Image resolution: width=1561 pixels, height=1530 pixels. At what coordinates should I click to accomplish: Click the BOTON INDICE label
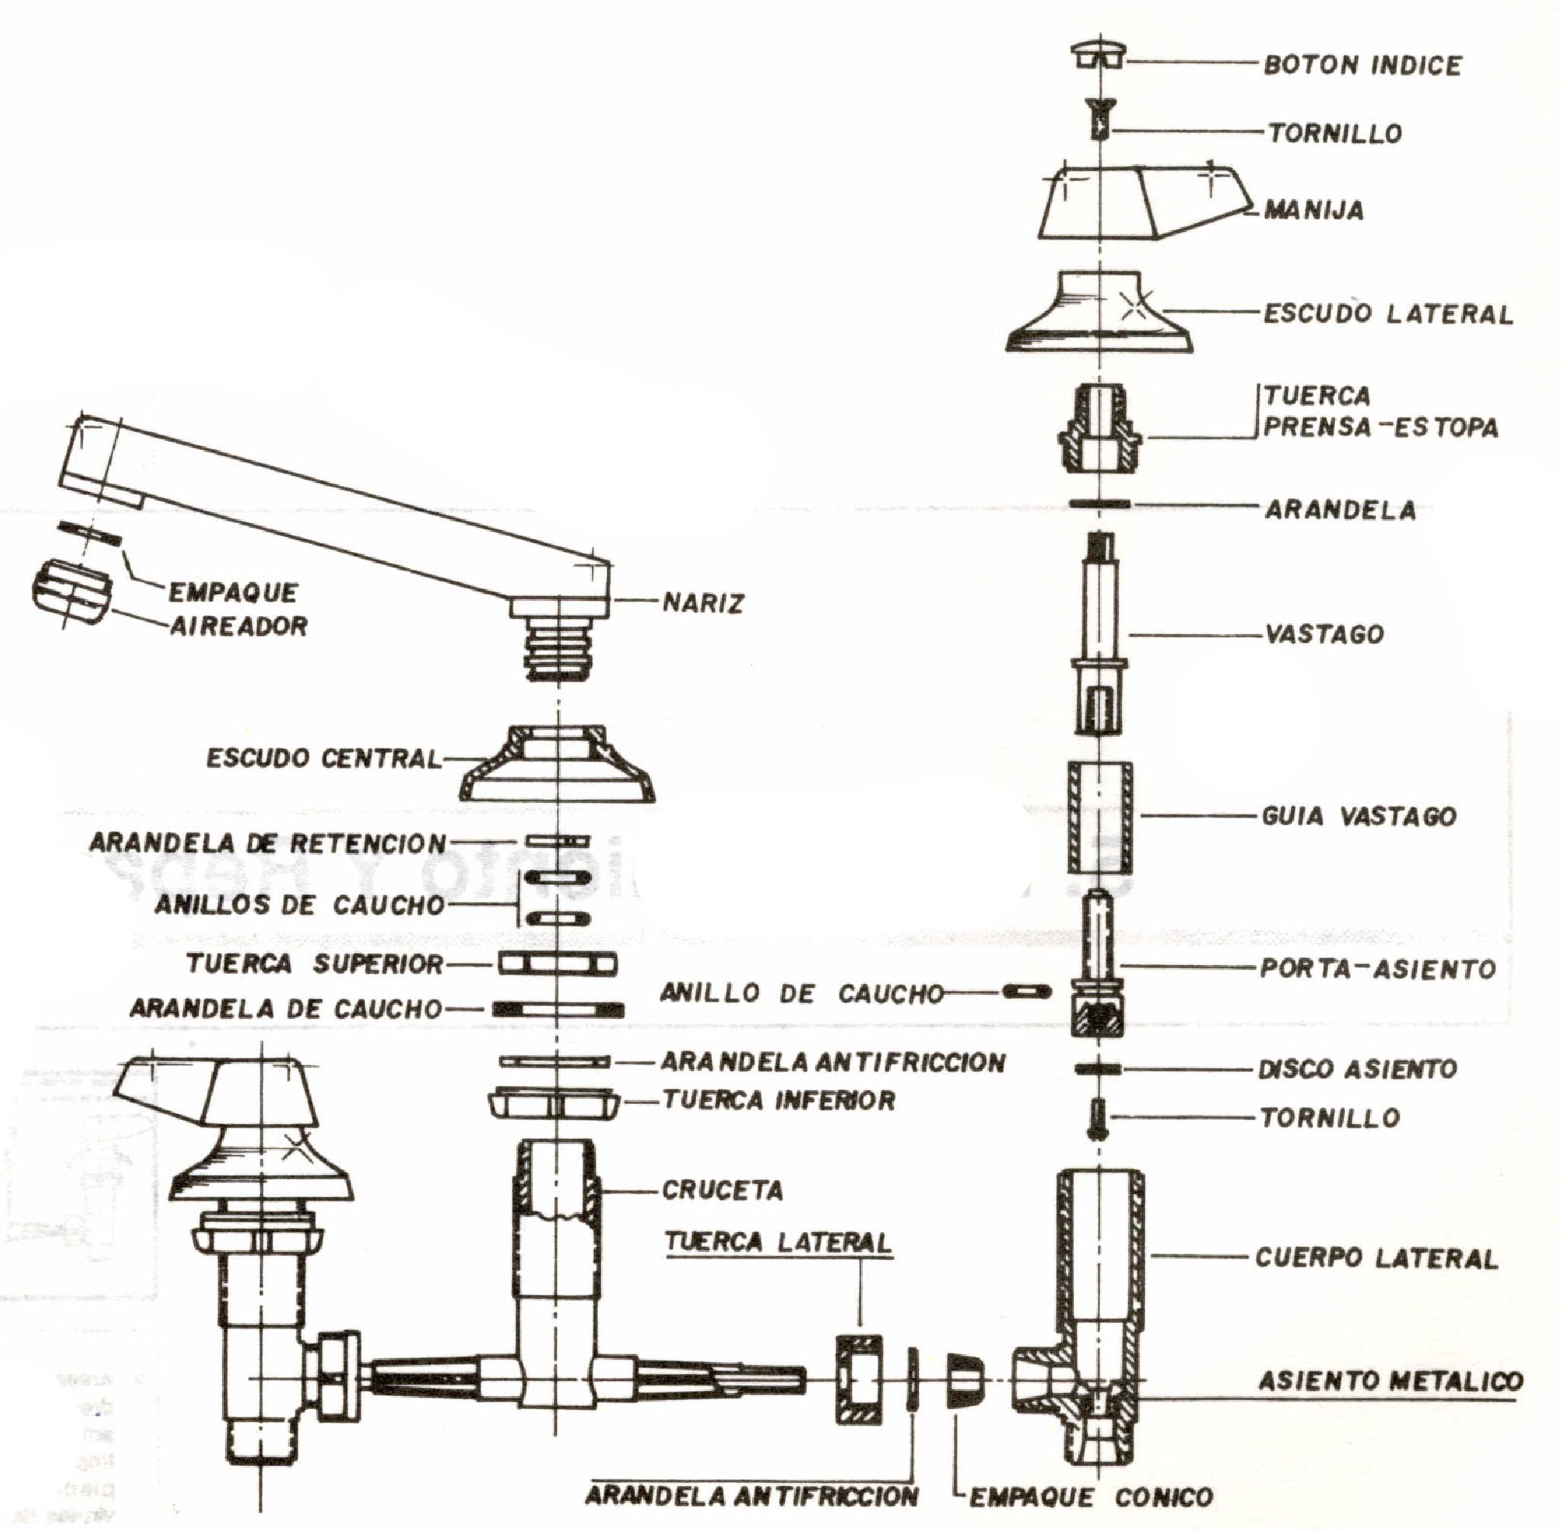pyautogui.click(x=1362, y=65)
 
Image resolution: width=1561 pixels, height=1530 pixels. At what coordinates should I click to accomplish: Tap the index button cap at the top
pyautogui.click(x=1098, y=56)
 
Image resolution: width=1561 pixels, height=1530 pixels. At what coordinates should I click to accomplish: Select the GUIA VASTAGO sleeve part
pyautogui.click(x=1098, y=817)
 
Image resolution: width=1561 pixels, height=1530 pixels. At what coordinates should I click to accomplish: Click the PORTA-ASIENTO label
pyautogui.click(x=1377, y=968)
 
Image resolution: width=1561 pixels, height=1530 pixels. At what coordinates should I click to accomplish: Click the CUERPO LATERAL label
pyautogui.click(x=1376, y=1258)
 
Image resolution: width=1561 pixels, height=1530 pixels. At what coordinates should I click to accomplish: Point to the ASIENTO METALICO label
pyautogui.click(x=1390, y=1382)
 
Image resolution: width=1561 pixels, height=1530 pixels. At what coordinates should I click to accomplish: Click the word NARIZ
pyautogui.click(x=703, y=603)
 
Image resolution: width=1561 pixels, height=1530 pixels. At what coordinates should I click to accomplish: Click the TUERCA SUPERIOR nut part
pyautogui.click(x=557, y=963)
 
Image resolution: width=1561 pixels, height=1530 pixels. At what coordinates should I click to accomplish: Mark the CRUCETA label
pyautogui.click(x=722, y=1190)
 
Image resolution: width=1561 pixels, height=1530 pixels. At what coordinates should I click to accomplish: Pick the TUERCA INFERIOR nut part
pyautogui.click(x=555, y=1103)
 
